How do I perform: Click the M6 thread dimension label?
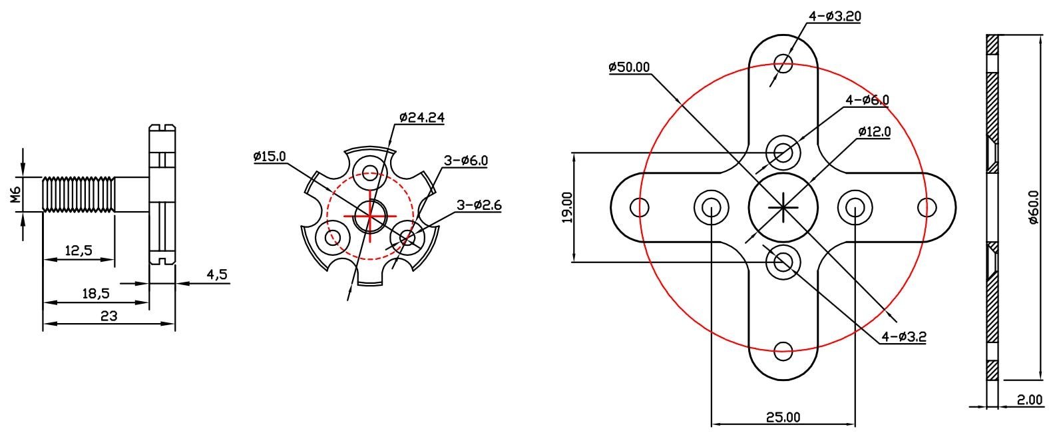click(x=16, y=196)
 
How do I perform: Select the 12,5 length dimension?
click(x=79, y=250)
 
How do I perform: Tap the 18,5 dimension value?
click(x=96, y=293)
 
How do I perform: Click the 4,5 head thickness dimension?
click(x=217, y=274)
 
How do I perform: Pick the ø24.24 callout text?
click(x=422, y=117)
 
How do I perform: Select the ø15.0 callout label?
click(x=270, y=157)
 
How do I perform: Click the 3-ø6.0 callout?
click(x=466, y=161)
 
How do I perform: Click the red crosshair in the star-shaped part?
click(x=369, y=215)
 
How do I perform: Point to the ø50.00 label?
click(x=629, y=67)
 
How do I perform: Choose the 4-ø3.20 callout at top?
click(x=835, y=15)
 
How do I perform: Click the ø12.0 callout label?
click(x=874, y=131)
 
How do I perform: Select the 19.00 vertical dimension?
click(x=566, y=207)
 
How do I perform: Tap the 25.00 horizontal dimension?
click(x=783, y=417)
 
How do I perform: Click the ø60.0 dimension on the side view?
click(x=1033, y=208)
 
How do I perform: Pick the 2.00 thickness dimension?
click(x=1029, y=400)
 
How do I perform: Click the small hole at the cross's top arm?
click(x=784, y=64)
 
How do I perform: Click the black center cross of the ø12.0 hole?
click(x=783, y=207)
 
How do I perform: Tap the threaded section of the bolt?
click(x=79, y=195)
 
